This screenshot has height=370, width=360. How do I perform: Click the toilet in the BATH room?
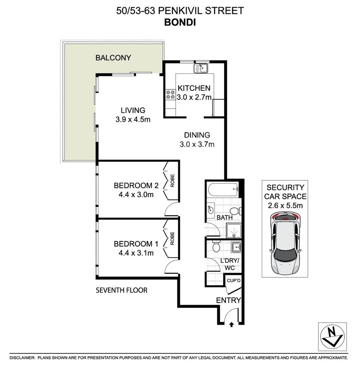coord(235,210)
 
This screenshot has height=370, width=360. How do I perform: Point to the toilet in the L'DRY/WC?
coord(216,245)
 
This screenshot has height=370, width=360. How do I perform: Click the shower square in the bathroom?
coord(233,230)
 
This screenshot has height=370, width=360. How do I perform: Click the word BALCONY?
coord(113,58)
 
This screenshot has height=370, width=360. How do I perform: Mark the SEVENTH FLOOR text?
coord(121,290)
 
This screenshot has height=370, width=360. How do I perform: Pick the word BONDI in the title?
coord(180,22)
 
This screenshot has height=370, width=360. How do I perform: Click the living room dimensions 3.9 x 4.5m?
coord(133,119)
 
